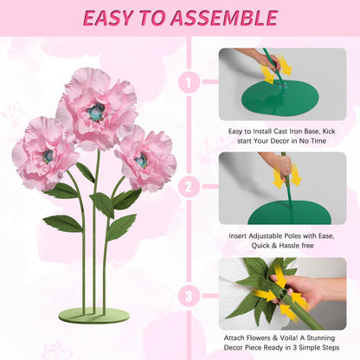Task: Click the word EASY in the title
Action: [109, 18]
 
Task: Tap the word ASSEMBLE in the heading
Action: [223, 18]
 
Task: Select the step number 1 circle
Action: [189, 82]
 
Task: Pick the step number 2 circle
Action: [189, 186]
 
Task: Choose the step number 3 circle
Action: [189, 296]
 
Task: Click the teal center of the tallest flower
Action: [96, 112]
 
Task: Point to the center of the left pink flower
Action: [48, 156]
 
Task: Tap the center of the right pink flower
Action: [141, 160]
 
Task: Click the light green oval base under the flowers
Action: [93, 316]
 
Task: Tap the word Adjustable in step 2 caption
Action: [265, 236]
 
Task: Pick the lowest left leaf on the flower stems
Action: [62, 224]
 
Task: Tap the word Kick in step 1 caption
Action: [329, 132]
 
